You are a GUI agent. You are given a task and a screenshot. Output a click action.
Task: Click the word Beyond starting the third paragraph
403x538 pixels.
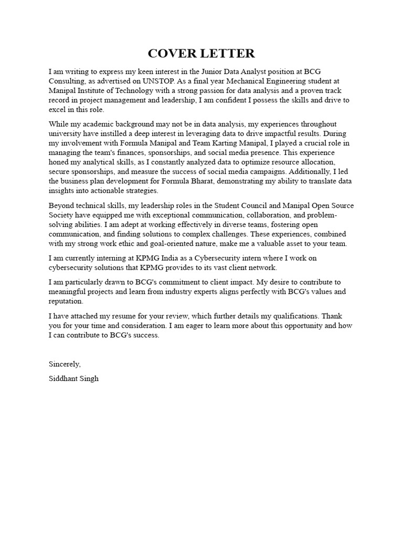[61, 205]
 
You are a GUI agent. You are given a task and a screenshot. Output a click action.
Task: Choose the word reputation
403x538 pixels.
[65, 301]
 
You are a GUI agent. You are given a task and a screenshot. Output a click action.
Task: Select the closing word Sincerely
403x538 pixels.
[65, 364]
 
